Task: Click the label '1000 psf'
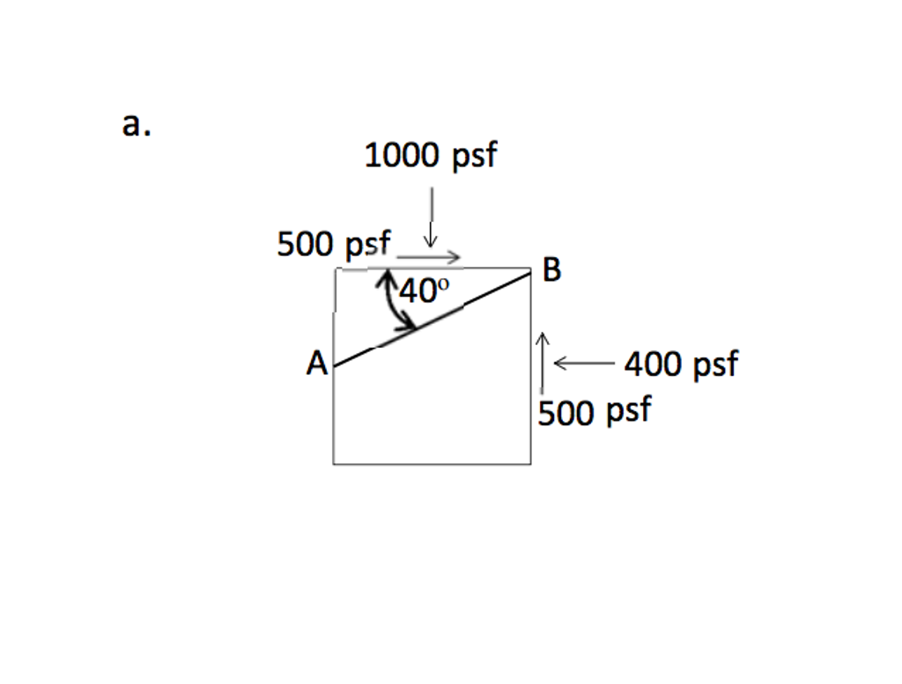[x=430, y=156]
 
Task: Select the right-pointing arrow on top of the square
[x=429, y=257]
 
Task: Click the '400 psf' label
[x=681, y=363]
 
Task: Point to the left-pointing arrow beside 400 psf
[x=582, y=362]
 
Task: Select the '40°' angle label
[x=425, y=291]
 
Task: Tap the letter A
[x=316, y=363]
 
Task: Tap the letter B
[x=551, y=270]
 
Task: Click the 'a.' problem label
[x=137, y=125]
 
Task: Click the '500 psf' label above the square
[x=334, y=244]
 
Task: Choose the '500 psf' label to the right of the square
[x=595, y=411]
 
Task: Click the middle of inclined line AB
[x=433, y=319]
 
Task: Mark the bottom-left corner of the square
[x=334, y=463]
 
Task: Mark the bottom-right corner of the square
[x=530, y=463]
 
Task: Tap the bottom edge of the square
[x=432, y=463]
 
